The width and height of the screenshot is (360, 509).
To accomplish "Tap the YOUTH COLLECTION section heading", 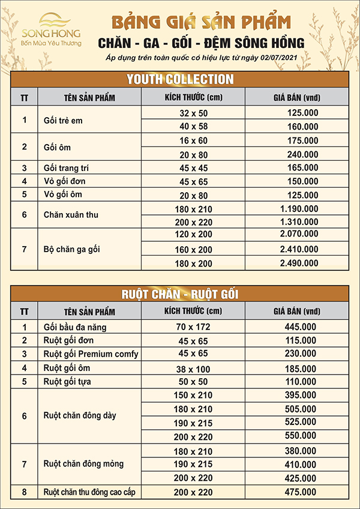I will click(x=179, y=79).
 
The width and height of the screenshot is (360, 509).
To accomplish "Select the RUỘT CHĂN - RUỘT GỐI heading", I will click(x=179, y=294).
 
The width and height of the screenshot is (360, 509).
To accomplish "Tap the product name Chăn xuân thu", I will click(x=71, y=214).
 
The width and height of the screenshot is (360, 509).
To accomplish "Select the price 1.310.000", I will click(x=298, y=221).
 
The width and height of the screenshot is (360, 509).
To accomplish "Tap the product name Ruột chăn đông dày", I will click(x=80, y=415).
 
